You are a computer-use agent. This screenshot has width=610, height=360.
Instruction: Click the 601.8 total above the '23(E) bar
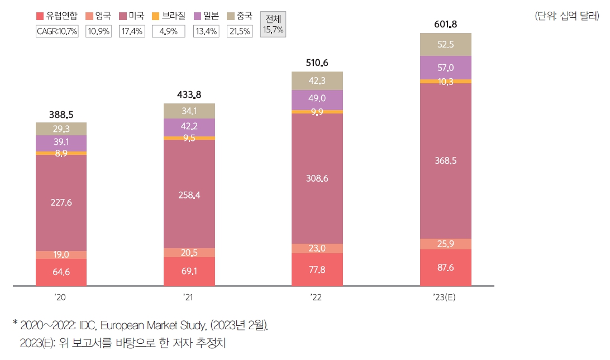[445, 24]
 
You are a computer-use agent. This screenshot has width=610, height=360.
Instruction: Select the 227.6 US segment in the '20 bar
[61, 203]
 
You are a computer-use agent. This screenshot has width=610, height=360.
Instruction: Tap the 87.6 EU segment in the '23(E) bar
[445, 267]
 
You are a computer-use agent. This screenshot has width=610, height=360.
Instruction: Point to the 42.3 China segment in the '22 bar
[317, 80]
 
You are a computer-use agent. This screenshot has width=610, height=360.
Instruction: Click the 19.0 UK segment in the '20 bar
[61, 255]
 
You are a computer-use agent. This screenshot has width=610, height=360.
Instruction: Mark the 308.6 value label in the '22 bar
[317, 179]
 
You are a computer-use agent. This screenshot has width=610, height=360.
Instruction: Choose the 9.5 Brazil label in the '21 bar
[189, 138]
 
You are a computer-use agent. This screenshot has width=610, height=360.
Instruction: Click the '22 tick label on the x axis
[317, 297]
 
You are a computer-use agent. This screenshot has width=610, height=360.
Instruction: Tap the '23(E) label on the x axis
[445, 297]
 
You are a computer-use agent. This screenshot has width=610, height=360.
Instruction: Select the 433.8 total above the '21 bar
[189, 95]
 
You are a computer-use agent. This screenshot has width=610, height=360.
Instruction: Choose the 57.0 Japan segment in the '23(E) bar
[445, 68]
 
